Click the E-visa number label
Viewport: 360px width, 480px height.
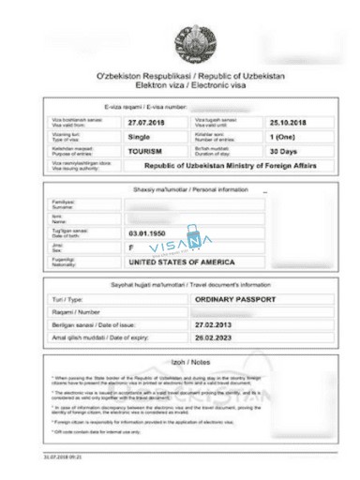coord(149,107)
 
